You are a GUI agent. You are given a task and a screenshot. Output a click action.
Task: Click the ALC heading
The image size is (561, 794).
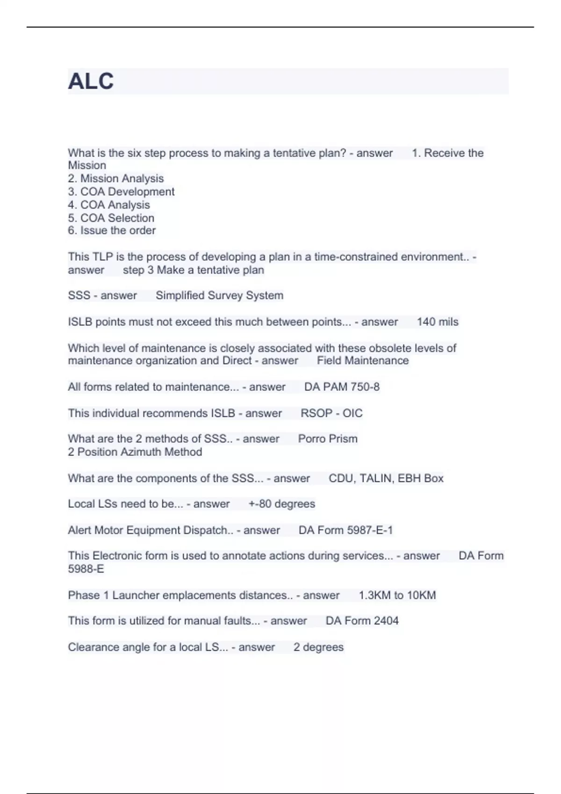pyautogui.click(x=91, y=81)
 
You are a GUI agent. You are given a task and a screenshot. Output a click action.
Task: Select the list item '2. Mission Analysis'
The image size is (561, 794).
pyautogui.click(x=116, y=178)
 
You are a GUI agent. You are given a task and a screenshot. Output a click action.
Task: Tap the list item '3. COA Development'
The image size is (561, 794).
pyautogui.click(x=121, y=191)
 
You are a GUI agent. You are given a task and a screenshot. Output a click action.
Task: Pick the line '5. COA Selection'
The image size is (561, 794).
pyautogui.click(x=111, y=218)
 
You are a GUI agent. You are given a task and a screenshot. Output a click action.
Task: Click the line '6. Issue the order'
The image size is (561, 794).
pyautogui.click(x=112, y=230)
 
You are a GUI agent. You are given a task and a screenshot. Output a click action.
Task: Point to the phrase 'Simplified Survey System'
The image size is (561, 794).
pyautogui.click(x=219, y=295)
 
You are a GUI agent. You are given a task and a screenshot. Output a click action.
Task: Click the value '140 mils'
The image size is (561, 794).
pyautogui.click(x=438, y=322)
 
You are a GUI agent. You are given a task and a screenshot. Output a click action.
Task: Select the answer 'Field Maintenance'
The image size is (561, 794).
pyautogui.click(x=363, y=361)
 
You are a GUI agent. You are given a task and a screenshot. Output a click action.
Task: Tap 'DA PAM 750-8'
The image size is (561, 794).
pyautogui.click(x=342, y=387)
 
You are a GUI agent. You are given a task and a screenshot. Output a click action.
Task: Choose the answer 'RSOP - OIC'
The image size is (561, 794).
pyautogui.click(x=331, y=413)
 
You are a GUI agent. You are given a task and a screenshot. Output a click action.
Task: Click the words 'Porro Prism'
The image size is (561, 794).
pyautogui.click(x=328, y=439)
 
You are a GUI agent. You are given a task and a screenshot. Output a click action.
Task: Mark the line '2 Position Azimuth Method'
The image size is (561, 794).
pyautogui.click(x=135, y=452)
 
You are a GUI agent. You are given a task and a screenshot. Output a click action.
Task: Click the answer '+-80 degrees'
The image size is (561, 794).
pyautogui.click(x=282, y=504)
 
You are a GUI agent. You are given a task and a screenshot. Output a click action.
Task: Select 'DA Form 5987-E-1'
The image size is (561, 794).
pyautogui.click(x=345, y=530)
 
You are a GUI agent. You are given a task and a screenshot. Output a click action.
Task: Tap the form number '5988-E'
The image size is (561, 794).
pyautogui.click(x=86, y=569)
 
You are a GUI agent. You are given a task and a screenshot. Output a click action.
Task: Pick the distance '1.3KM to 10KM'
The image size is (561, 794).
pyautogui.click(x=397, y=595)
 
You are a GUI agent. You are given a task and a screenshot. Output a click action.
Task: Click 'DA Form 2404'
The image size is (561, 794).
pyautogui.click(x=362, y=621)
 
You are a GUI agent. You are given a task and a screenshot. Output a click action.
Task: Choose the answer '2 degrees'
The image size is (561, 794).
pyautogui.click(x=318, y=647)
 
